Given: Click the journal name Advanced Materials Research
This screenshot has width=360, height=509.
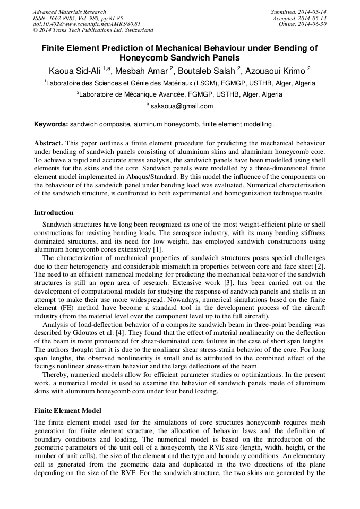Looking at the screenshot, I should coord(69,12).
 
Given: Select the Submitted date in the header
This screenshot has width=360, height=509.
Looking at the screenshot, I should coord(298,12).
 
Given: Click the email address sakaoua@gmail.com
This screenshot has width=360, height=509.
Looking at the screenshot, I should coord(182,106).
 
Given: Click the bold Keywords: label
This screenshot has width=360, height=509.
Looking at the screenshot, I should coord(51,124).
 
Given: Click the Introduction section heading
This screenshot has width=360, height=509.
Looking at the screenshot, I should coord(54,213).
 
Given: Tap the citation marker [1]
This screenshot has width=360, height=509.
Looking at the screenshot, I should coord(158,249).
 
